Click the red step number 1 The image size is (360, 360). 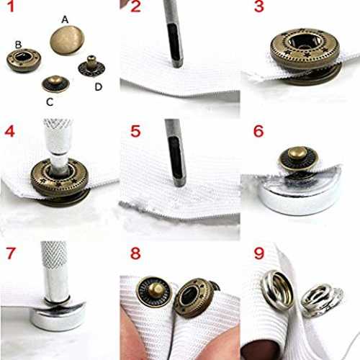click(x=11, y=6)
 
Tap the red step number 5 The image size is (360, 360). click(x=135, y=131)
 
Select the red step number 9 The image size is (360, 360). click(x=259, y=253)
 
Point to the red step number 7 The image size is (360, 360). click(x=11, y=253)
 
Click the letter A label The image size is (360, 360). click(x=65, y=19)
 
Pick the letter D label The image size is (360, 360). click(x=99, y=86)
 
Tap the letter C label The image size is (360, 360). click(x=50, y=102)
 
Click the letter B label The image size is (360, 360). click(x=18, y=45)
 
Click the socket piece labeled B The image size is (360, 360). click(x=24, y=60)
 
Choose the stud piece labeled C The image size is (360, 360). click(x=55, y=84)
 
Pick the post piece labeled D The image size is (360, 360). click(x=91, y=66)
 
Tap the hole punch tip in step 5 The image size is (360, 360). click(x=179, y=182)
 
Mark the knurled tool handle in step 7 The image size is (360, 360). click(x=54, y=256)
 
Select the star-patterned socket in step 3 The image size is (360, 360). click(x=305, y=49)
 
